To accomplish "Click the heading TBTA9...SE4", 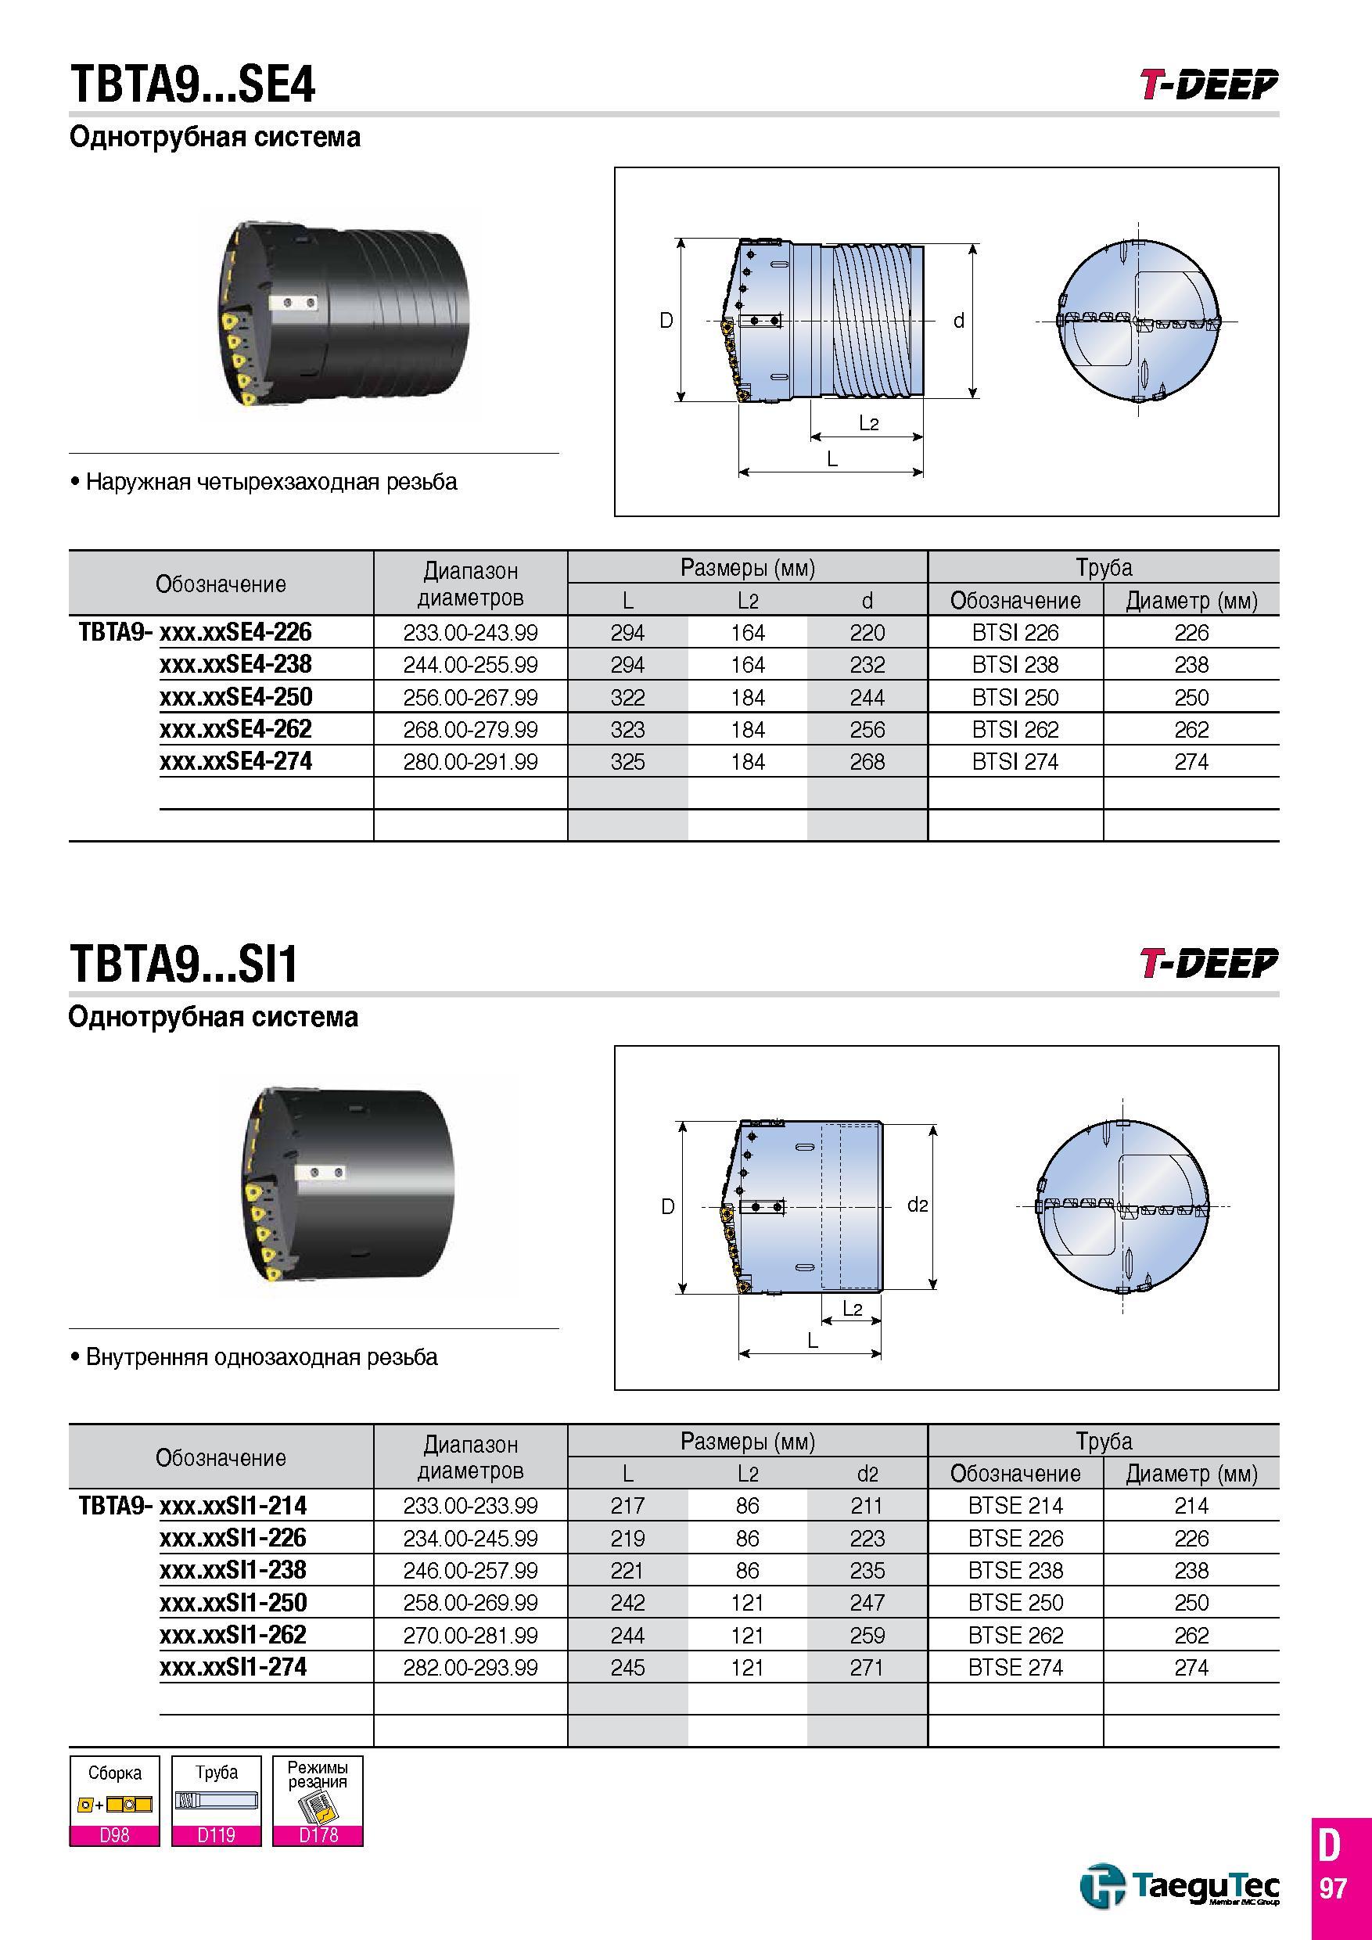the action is click(192, 86).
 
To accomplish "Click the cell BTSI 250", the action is click(1015, 698).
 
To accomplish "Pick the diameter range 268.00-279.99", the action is click(471, 730).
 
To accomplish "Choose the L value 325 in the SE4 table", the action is click(627, 762).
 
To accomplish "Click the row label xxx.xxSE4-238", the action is click(235, 665).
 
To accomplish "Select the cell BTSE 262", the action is click(1015, 1635).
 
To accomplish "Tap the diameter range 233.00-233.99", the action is click(471, 1506).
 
